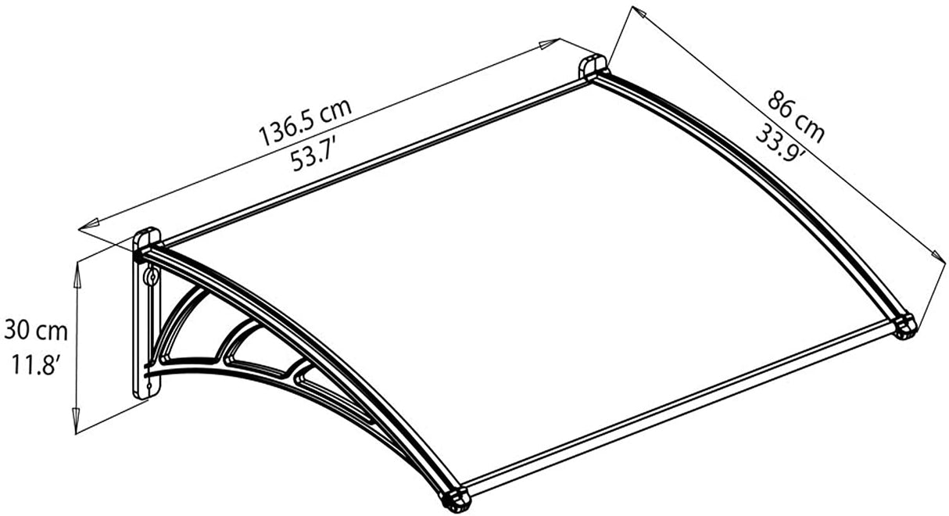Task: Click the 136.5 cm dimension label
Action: point(305,122)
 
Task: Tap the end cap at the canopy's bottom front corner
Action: point(454,498)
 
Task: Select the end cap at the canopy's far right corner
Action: point(904,324)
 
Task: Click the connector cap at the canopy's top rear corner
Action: point(593,67)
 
